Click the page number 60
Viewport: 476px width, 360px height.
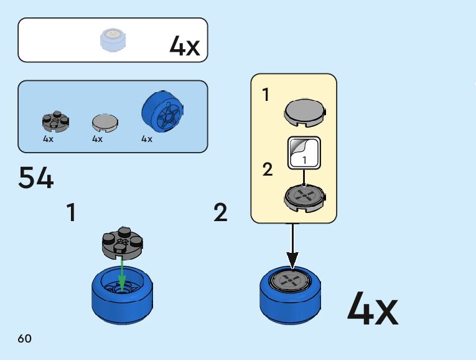click(x=25, y=339)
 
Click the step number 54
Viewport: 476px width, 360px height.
click(x=36, y=178)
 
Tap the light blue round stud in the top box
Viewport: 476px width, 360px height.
click(x=113, y=40)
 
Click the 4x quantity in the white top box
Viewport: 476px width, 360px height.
click(x=185, y=46)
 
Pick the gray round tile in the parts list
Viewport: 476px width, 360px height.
click(x=104, y=122)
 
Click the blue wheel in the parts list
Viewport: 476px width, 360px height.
click(x=163, y=112)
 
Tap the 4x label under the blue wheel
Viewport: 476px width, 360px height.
click(x=147, y=140)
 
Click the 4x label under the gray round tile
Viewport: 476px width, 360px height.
click(x=97, y=140)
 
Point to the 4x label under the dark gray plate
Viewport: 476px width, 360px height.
click(x=49, y=140)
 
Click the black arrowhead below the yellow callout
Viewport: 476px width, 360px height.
click(x=292, y=258)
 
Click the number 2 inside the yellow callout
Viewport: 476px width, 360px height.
click(x=268, y=169)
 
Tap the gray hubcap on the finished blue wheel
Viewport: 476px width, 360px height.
click(x=291, y=281)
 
